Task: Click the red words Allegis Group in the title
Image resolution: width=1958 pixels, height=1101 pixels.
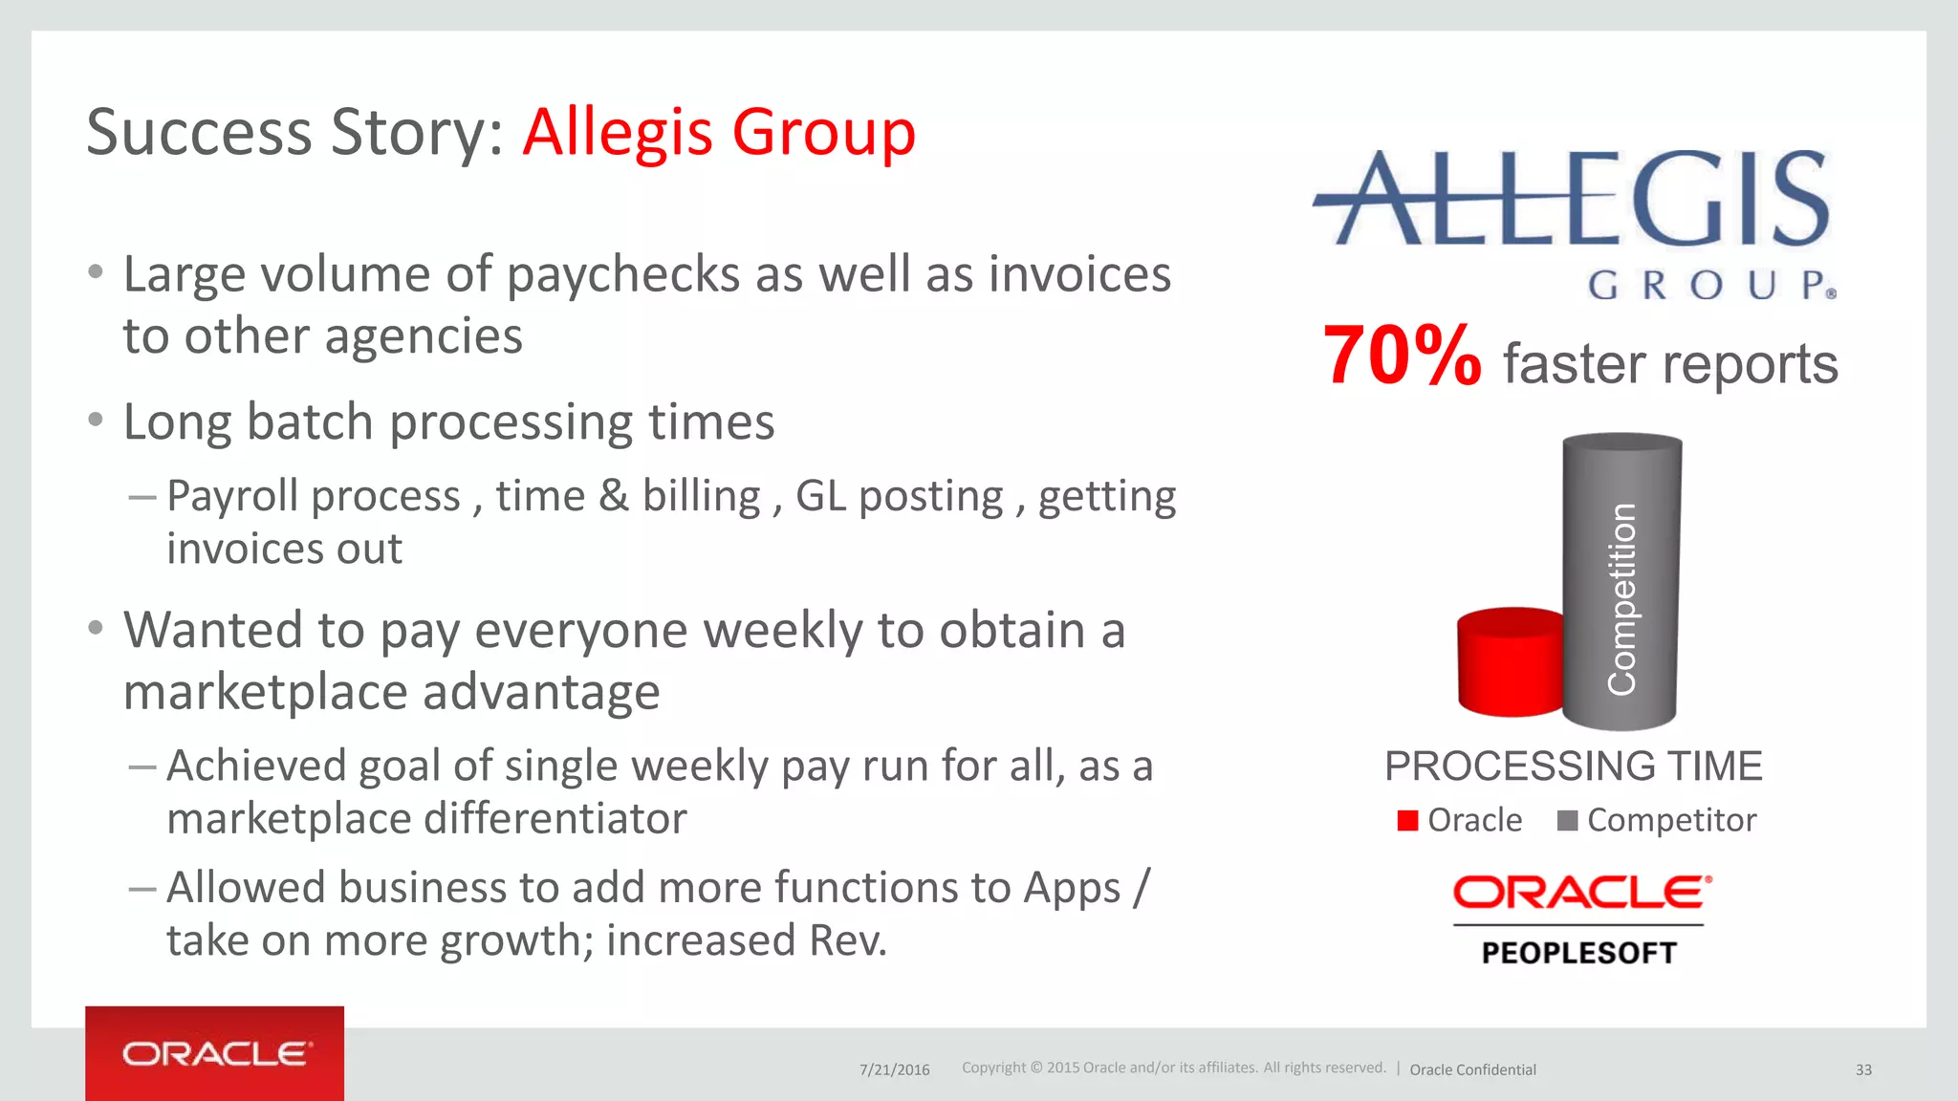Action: pyautogui.click(x=719, y=132)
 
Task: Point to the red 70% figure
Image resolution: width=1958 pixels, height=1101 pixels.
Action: pyautogui.click(x=1402, y=356)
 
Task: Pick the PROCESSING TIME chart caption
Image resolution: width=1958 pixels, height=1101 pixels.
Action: pyautogui.click(x=1573, y=766)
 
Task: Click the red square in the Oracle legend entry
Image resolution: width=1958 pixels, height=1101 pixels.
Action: pyautogui.click(x=1407, y=821)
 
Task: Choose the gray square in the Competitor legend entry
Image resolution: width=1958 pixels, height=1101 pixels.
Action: pyautogui.click(x=1567, y=821)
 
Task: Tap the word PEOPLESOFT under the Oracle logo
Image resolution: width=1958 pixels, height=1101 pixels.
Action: pyautogui.click(x=1578, y=953)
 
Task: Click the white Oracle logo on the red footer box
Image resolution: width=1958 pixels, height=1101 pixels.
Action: pyautogui.click(x=215, y=1054)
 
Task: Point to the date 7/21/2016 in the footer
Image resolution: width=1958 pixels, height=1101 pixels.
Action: pyautogui.click(x=894, y=1069)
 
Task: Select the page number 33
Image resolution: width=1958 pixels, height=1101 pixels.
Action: pyautogui.click(x=1863, y=1069)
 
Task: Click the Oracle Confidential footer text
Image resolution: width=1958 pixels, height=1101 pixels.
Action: pyautogui.click(x=1472, y=1069)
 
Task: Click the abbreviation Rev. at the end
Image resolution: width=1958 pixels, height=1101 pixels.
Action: pyautogui.click(x=847, y=940)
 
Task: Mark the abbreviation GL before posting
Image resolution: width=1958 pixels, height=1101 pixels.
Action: pyautogui.click(x=820, y=497)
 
